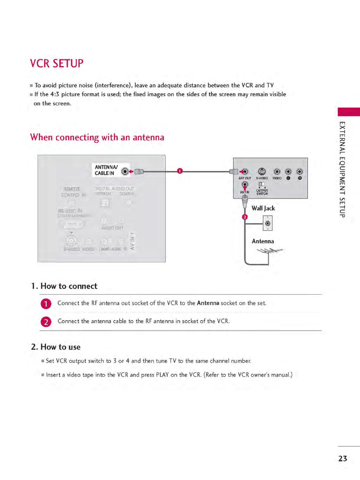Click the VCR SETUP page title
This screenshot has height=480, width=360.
pos(57,64)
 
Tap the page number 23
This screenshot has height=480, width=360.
pos(342,459)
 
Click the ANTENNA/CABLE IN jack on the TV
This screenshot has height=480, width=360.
pos(125,172)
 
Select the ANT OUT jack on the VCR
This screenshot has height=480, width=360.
pos(245,172)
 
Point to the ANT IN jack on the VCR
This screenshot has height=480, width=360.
pos(245,185)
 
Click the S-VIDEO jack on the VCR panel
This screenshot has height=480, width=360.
pos(262,172)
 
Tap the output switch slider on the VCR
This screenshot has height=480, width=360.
pos(262,184)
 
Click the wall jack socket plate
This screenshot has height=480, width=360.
pos(267,223)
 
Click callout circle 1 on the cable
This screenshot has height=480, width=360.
pos(180,171)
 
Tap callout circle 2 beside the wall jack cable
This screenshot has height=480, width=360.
pos(245,217)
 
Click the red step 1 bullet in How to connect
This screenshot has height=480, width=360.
pos(46,304)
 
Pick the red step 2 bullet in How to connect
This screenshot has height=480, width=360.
pos(46,322)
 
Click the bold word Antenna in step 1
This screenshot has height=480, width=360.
pos(208,303)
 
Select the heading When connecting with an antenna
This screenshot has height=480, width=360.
pos(97,137)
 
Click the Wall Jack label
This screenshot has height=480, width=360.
pos(263,208)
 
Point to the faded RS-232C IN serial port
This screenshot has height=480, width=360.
pos(72,224)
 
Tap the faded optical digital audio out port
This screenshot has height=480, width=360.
pos(105,203)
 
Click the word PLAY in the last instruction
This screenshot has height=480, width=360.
pos(162,375)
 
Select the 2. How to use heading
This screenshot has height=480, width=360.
pos(56,347)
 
